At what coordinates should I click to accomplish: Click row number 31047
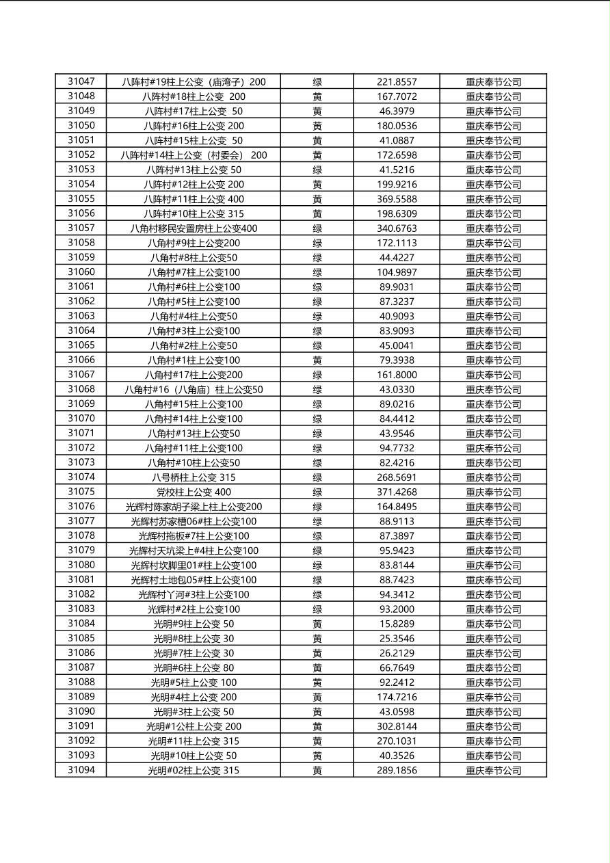[x=81, y=81]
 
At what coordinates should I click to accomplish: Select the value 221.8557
[x=397, y=82]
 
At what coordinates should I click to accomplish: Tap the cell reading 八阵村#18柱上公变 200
[x=194, y=96]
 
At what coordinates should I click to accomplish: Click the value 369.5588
[x=397, y=199]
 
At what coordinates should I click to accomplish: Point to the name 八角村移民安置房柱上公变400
[x=194, y=228]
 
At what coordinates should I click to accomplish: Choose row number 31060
[x=81, y=272]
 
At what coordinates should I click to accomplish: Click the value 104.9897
[x=397, y=272]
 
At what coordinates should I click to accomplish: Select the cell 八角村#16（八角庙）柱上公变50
[x=194, y=390]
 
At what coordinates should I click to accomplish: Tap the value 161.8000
[x=397, y=375]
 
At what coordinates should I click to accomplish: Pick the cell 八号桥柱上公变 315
[x=194, y=477]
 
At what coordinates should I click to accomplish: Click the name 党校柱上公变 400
[x=194, y=492]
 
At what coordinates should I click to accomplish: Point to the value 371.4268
[x=397, y=492]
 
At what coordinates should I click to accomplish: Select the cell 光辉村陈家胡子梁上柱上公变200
[x=194, y=507]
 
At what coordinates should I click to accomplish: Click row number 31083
[x=81, y=609]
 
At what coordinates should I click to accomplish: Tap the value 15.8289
[x=397, y=624]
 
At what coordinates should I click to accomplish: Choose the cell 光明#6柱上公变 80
[x=194, y=668]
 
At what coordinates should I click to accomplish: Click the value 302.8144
[x=397, y=726]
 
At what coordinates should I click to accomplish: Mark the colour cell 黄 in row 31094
[x=317, y=771]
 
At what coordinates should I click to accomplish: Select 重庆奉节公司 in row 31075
[x=493, y=492]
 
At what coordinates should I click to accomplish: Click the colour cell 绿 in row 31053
[x=317, y=170]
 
